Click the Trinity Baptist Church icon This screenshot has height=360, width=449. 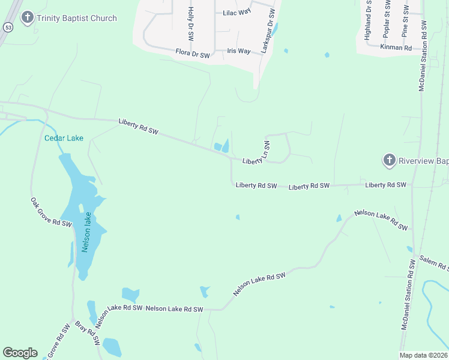tap(27, 18)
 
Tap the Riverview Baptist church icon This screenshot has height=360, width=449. tap(389, 160)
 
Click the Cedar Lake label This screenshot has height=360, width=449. tap(64, 138)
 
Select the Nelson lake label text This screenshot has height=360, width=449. tap(87, 232)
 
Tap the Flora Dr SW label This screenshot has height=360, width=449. tap(193, 55)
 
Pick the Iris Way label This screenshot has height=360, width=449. tap(239, 51)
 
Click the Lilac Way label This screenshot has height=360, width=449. tap(237, 12)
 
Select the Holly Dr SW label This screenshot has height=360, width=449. tap(190, 23)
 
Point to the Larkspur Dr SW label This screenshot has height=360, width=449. tap(268, 31)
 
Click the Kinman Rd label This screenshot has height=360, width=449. tap(396, 46)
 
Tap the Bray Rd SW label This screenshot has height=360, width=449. tap(87, 334)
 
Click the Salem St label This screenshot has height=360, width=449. tap(433, 262)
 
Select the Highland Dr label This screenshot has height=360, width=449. tap(367, 22)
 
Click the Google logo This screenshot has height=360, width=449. tap(20, 353)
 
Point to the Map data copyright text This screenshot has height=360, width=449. tap(423, 355)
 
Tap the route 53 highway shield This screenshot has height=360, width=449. tap(7, 28)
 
